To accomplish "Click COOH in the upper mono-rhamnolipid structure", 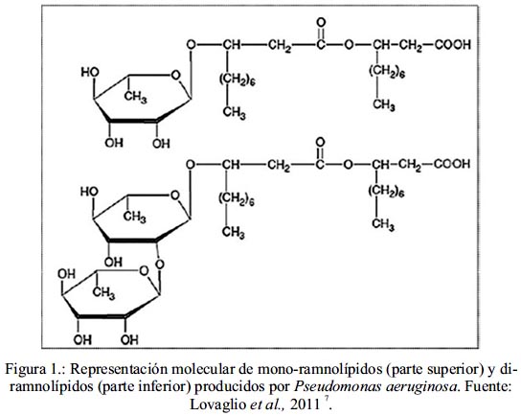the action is (453, 45).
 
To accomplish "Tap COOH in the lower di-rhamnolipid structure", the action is (452, 164).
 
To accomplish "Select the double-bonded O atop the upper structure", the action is (321, 23).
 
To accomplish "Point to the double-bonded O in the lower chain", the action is (320, 142).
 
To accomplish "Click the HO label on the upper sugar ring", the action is (90, 72).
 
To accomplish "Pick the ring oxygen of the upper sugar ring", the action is (175, 76).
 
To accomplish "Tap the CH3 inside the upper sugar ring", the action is (136, 98).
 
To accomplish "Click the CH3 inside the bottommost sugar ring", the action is (103, 293).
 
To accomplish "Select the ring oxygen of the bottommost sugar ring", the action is (145, 270).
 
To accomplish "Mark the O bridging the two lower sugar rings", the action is (160, 265).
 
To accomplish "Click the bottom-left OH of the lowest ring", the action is (82, 339).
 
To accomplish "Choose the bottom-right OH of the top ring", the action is (161, 144).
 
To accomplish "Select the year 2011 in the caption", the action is (305, 404).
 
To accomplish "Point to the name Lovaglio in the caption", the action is (217, 405).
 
